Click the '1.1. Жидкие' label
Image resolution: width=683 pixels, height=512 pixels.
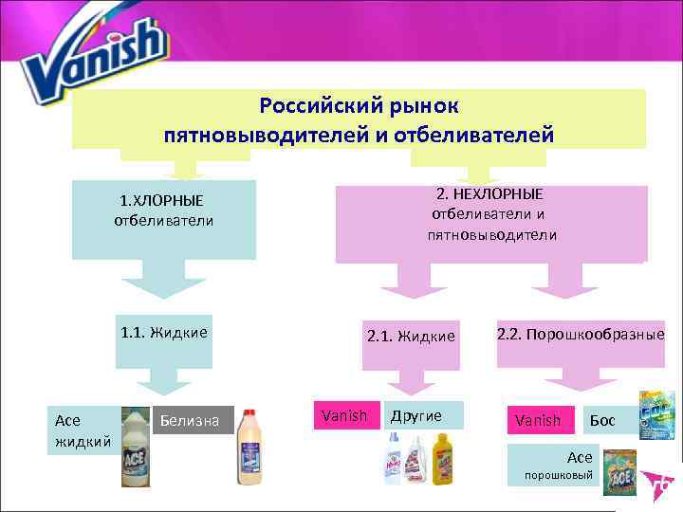point(165,332)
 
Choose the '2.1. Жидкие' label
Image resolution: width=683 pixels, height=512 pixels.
point(411,336)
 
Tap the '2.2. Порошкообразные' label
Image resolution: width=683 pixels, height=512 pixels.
point(580,334)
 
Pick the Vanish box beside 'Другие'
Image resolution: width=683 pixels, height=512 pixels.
point(344,415)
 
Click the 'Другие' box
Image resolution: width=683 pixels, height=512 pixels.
point(423,415)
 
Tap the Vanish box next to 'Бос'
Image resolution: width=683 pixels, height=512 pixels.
point(538,419)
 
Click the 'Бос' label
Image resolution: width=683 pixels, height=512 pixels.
point(602,419)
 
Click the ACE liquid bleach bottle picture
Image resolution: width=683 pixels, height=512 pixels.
point(136,446)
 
